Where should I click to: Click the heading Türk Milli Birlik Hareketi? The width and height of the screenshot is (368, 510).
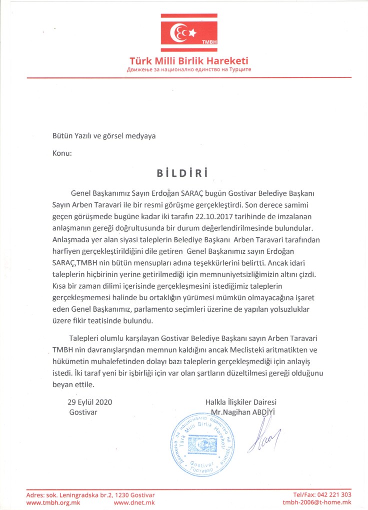click(189, 61)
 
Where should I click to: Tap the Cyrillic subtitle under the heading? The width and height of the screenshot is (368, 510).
click(189, 69)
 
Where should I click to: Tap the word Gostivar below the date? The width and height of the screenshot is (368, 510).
click(83, 412)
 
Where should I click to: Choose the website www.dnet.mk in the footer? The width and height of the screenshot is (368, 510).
click(135, 502)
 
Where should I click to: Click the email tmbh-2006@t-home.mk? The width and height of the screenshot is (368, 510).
click(316, 502)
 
